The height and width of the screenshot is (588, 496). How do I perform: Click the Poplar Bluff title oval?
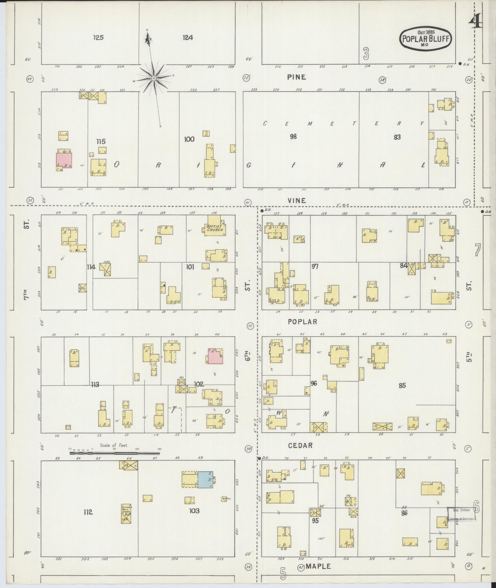pyautogui.click(x=425, y=38)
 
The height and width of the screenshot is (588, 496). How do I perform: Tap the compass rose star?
pyautogui.click(x=153, y=79)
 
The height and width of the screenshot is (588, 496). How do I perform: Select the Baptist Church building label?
pyautogui.click(x=214, y=228)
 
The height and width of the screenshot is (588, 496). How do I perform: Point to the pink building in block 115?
pyautogui.click(x=64, y=160)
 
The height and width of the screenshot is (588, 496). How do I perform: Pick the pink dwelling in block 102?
pyautogui.click(x=215, y=357)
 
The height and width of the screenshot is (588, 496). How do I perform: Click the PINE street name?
pyautogui.click(x=296, y=77)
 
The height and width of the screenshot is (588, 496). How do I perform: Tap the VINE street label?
pyautogui.click(x=297, y=201)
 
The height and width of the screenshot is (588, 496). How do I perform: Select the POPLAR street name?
pyautogui.click(x=302, y=322)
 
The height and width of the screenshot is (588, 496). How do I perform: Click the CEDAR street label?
pyautogui.click(x=300, y=445)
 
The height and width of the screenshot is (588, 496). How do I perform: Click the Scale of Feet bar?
pyautogui.click(x=114, y=453)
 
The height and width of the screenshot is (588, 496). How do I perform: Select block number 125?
pyautogui.click(x=98, y=38)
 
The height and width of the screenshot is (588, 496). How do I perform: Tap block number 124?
pyautogui.click(x=188, y=38)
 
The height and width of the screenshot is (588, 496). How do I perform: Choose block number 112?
pyautogui.click(x=88, y=512)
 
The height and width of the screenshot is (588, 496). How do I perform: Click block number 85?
pyautogui.click(x=402, y=385)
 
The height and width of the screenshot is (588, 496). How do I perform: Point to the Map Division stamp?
pyautogui.click(x=462, y=514)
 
